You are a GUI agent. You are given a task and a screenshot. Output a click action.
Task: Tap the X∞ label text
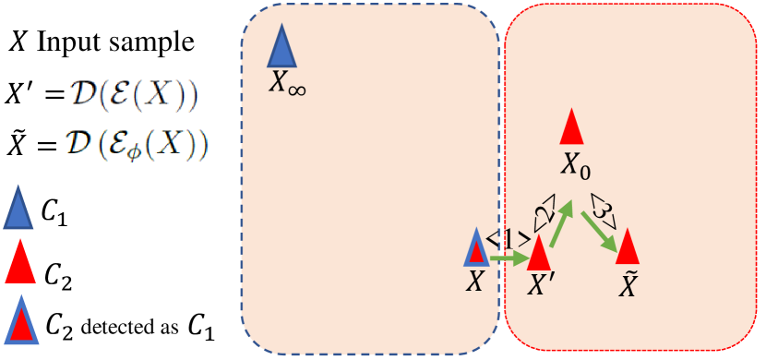[287, 84]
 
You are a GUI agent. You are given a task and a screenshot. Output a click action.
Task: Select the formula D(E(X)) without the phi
[135, 95]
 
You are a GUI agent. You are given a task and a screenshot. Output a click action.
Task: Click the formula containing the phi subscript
[138, 145]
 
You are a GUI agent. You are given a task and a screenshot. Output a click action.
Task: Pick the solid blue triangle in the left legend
[19, 209]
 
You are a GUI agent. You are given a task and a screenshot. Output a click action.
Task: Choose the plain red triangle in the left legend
[20, 263]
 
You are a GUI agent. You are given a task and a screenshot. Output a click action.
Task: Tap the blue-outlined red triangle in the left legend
[20, 320]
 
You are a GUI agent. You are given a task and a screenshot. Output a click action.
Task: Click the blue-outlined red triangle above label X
[476, 248]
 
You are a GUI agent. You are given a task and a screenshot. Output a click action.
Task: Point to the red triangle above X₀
[572, 128]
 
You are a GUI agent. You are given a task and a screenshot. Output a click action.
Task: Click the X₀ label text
[576, 167]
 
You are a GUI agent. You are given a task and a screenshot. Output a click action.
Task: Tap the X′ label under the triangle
[539, 284]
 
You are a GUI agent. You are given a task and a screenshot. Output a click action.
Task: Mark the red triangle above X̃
[628, 246]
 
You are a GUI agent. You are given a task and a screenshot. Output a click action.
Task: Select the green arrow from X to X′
[505, 258]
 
